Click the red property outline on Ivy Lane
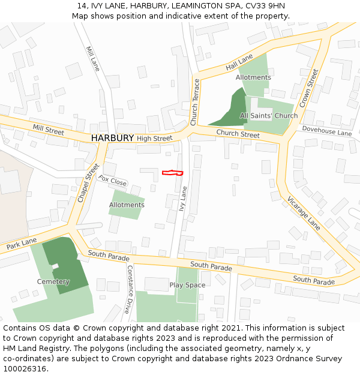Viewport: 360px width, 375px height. coord(172,173)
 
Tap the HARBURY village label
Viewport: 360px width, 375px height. coord(112,138)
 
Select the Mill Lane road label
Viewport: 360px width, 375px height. coord(92,59)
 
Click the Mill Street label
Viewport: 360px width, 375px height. coord(49,130)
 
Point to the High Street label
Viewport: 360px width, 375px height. coord(154,139)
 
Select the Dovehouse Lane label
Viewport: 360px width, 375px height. coord(326,131)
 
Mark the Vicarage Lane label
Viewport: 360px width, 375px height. coord(304,213)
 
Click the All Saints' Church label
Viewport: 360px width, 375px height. coord(269,116)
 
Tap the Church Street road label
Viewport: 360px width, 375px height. coord(238,134)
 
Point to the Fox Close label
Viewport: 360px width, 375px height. coord(112,180)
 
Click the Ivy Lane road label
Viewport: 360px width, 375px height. coord(184,198)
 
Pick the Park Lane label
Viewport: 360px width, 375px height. coord(22,244)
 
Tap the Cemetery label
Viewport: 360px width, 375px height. coord(53,281)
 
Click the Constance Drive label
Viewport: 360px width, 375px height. coord(128,290)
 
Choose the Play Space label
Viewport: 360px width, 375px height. coord(187,285)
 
